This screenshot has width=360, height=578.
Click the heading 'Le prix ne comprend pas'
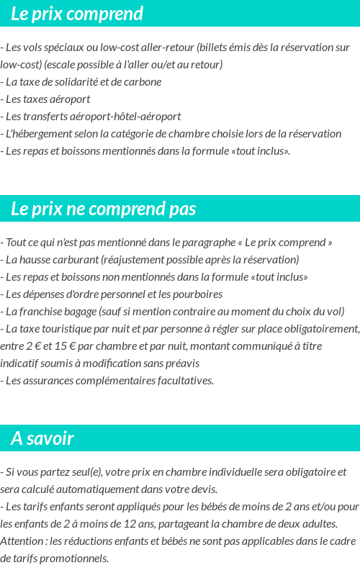tap(103, 209)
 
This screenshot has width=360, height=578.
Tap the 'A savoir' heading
tap(42, 438)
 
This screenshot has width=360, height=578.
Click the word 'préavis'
tap(181, 363)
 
